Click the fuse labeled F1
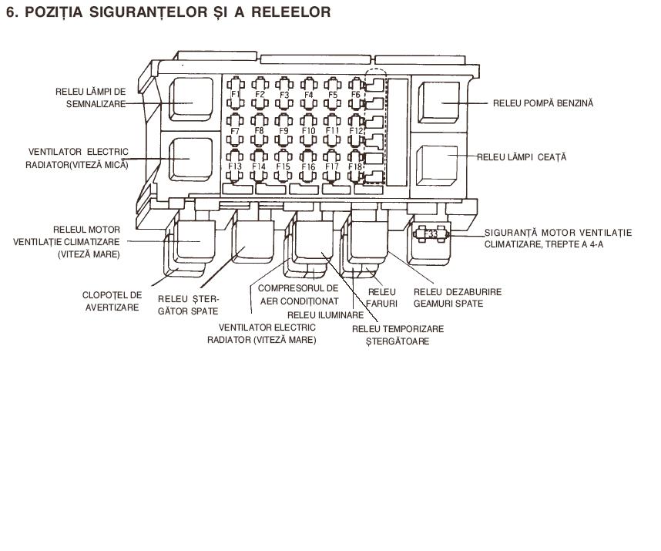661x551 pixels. [235, 93]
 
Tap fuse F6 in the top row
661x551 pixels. [356, 93]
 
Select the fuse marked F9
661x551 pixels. [284, 129]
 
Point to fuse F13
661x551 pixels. [235, 166]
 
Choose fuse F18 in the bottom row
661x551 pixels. [356, 166]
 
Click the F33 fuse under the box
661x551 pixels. [431, 234]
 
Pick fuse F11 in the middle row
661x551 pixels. [332, 129]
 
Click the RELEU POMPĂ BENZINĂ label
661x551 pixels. [543, 103]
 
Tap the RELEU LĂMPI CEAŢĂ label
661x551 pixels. [522, 157]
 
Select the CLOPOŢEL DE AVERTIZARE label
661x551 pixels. [112, 301]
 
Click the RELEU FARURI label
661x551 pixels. [382, 297]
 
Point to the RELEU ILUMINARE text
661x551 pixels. [325, 315]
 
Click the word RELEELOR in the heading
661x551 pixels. [291, 12]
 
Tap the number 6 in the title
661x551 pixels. [11, 12]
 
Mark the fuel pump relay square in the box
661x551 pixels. [439, 102]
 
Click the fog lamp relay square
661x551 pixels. [437, 166]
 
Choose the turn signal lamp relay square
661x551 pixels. [191, 99]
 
